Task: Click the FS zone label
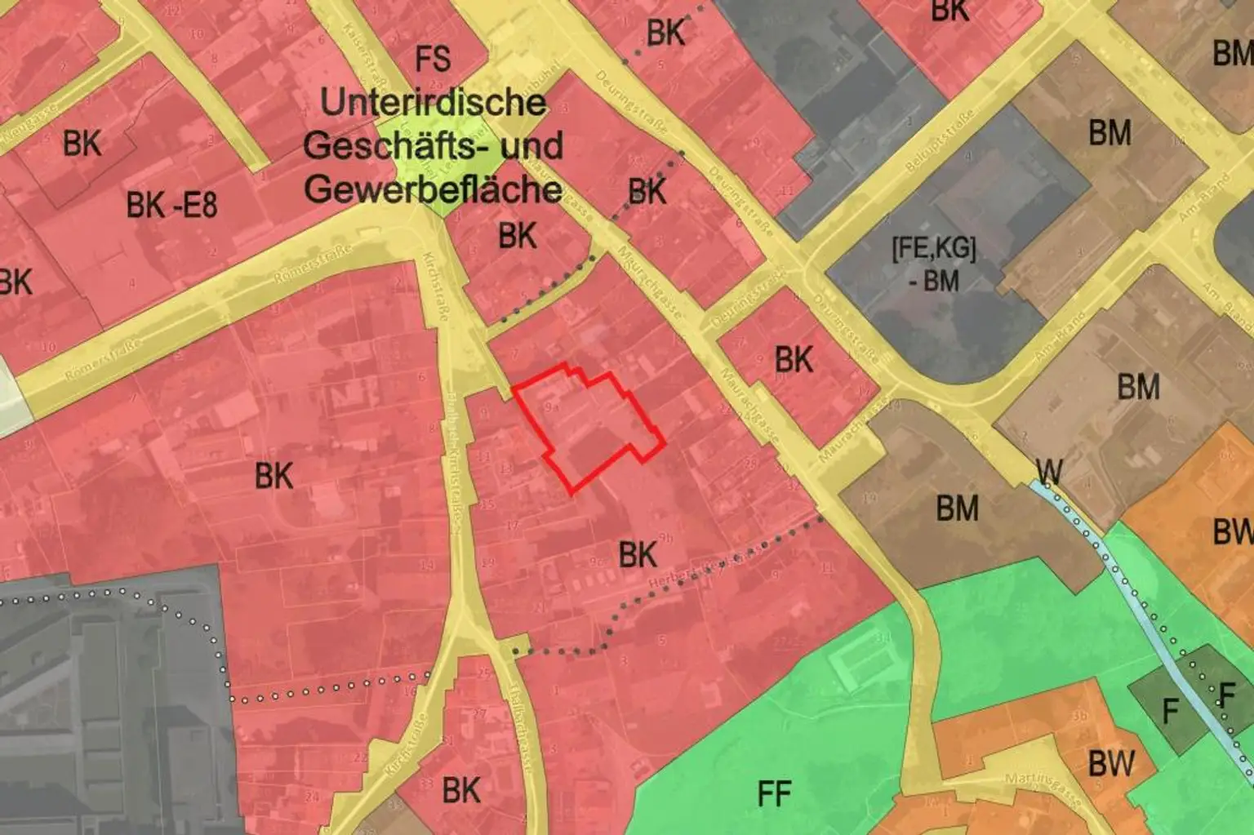point(433,60)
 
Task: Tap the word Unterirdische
point(433,103)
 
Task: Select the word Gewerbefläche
point(433,189)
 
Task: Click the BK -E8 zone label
point(171,205)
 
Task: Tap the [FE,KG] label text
point(934,248)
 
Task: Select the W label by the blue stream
point(1049,471)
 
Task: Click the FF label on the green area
point(774,793)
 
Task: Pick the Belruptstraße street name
point(940,140)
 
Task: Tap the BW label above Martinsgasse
point(1110,764)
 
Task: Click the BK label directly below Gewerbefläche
point(518,236)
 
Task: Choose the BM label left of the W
point(957,509)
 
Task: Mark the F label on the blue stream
point(1226,695)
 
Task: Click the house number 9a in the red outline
point(552,406)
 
